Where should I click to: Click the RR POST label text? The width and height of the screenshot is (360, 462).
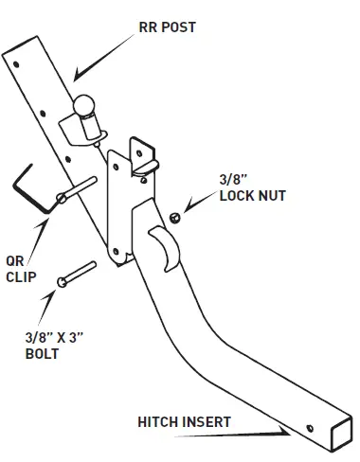167,27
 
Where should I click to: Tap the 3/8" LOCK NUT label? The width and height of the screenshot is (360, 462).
251,189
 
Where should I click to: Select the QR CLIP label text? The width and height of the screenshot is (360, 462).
21,271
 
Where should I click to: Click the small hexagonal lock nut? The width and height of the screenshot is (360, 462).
174,219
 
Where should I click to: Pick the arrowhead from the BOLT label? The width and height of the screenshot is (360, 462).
54,296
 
